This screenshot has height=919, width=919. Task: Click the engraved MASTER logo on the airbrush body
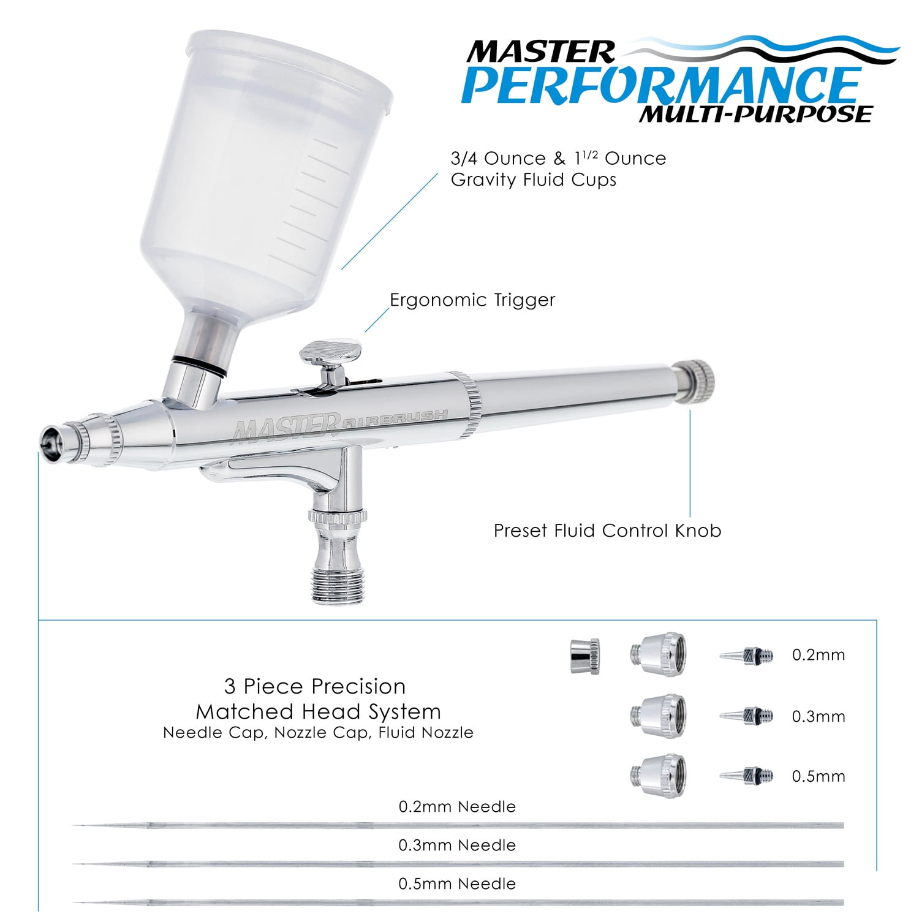coord(286,426)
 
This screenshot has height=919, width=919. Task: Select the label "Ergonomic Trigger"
coord(472,300)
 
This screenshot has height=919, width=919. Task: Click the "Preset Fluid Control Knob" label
coord(607,530)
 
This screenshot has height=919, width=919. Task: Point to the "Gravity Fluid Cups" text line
coord(534,180)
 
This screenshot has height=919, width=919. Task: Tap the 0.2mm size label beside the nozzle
coord(819,655)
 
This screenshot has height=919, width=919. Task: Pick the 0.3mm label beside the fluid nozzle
coord(819,716)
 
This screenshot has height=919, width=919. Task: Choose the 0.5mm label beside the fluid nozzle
coord(819,776)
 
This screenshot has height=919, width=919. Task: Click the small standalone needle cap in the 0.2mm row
coord(584,653)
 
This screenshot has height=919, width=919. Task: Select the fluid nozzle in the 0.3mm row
coord(746,715)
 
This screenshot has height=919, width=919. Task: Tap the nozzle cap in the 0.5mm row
coord(658,775)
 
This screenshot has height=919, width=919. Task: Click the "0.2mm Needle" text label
coord(457,807)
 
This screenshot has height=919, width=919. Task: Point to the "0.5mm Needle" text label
coord(457,883)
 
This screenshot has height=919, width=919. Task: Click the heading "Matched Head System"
coord(318,711)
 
